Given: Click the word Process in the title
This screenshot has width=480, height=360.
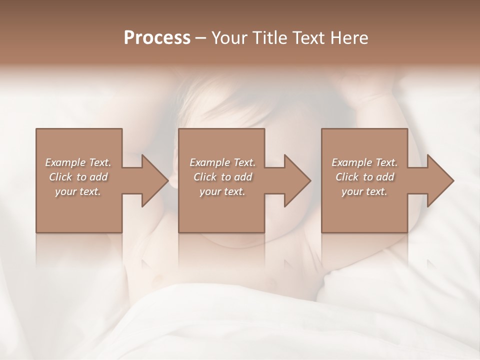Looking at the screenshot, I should tap(157, 38).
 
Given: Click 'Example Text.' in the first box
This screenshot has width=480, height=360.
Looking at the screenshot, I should tap(78, 162).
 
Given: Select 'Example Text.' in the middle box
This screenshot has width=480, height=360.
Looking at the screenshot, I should tap(222, 162).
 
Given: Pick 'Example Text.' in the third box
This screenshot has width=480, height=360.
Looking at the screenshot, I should tap(364, 162).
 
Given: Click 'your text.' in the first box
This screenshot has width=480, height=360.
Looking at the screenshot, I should tap(78, 191).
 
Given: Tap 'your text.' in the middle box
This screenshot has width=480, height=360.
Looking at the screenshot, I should tap(222, 191).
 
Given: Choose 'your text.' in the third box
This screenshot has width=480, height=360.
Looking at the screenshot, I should tap(364, 191).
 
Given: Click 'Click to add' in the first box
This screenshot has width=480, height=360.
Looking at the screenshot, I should tap(78, 177).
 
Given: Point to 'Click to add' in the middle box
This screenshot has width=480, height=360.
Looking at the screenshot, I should tap(222, 177).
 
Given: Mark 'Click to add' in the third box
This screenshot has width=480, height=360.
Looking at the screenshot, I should tap(364, 177).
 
